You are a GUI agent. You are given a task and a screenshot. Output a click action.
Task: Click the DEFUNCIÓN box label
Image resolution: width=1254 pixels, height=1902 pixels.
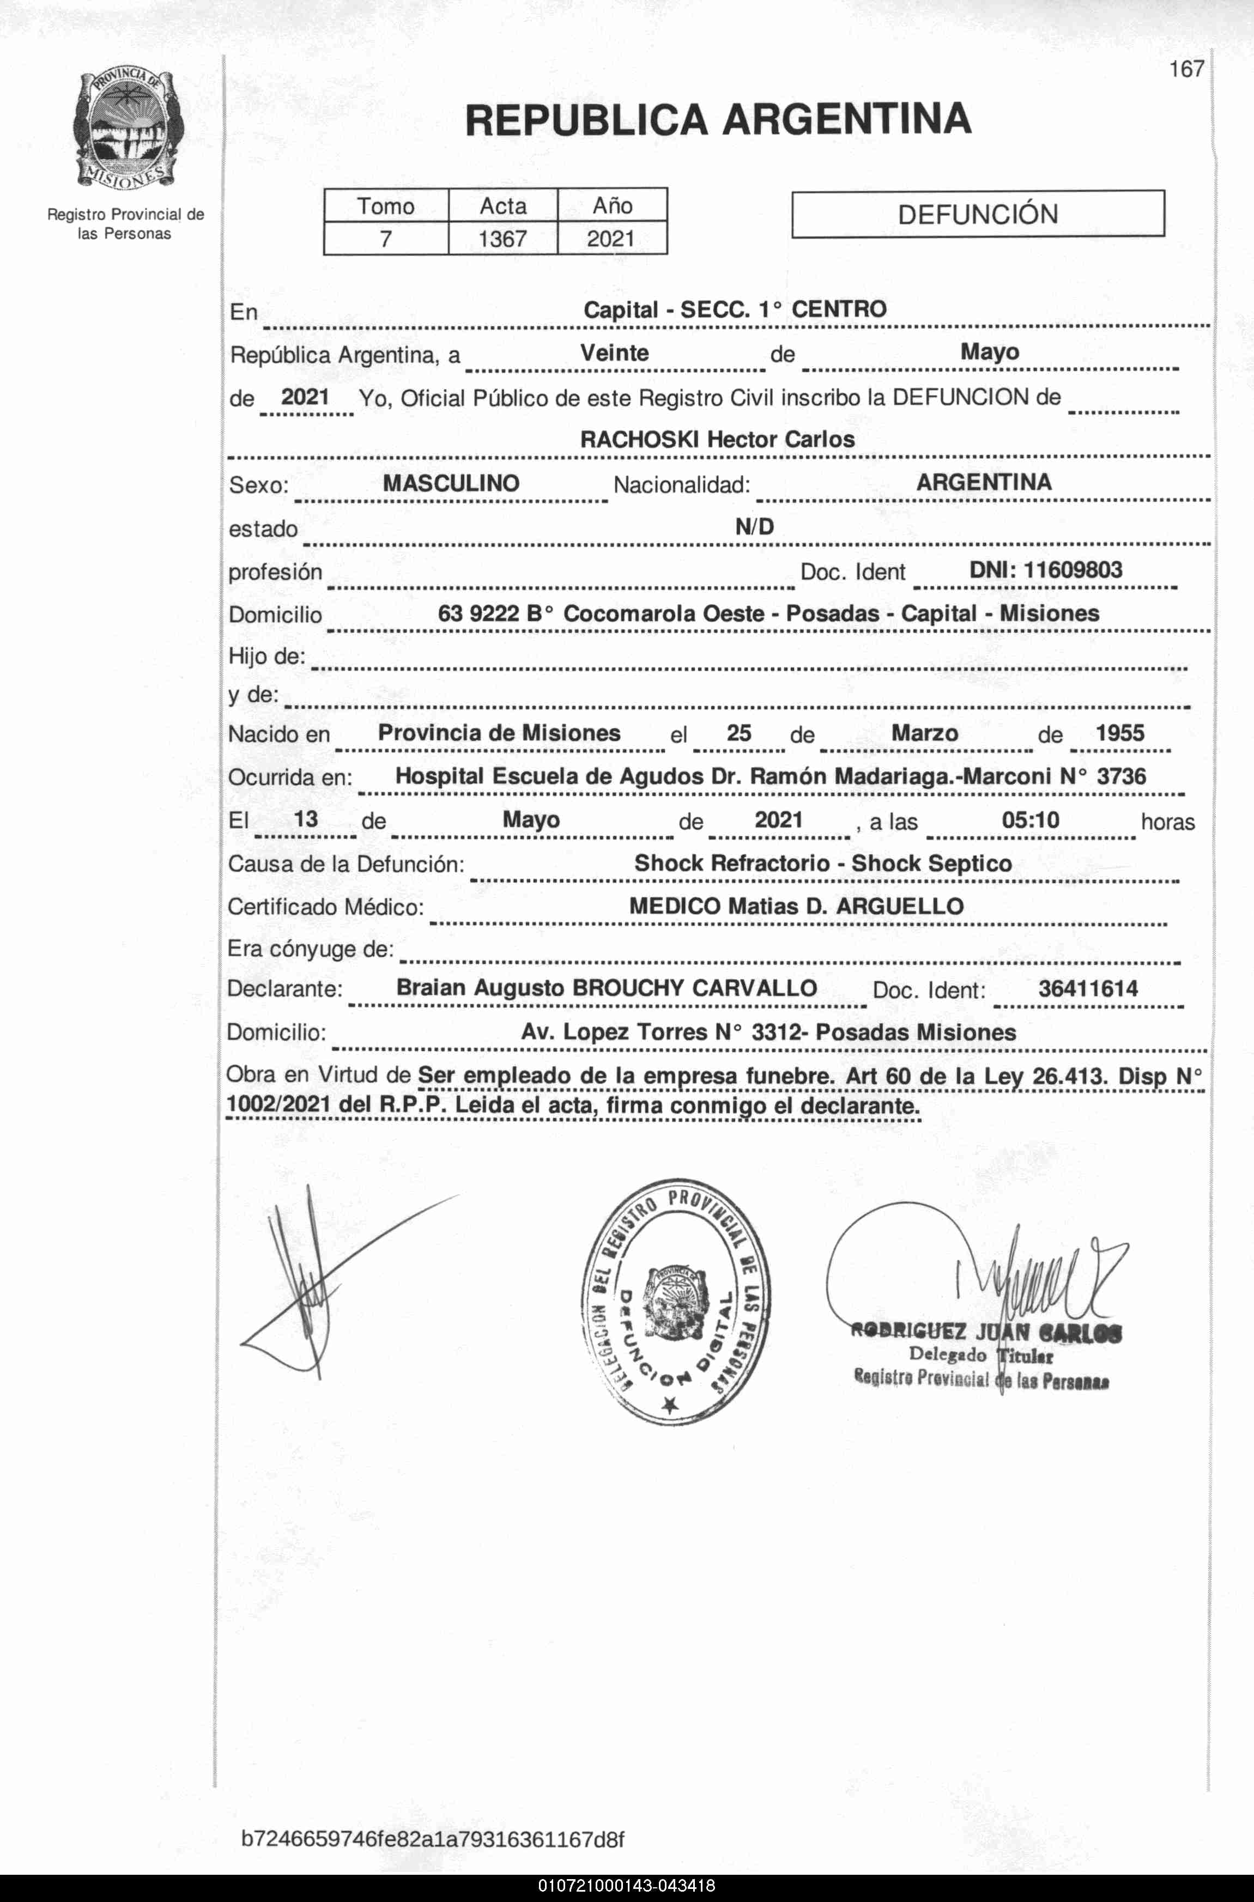tap(977, 214)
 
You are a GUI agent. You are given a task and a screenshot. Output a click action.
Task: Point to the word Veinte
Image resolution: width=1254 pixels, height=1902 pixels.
tap(614, 354)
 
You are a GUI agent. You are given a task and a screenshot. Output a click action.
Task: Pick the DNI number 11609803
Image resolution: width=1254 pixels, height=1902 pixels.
tap(1073, 570)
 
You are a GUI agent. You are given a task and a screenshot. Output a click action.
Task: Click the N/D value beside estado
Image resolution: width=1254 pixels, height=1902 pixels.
tap(754, 527)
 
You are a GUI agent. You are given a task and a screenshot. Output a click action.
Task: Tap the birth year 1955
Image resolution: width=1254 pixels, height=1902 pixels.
tap(1119, 733)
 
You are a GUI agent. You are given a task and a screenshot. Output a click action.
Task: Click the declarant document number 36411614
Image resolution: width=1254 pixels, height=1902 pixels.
tap(1088, 989)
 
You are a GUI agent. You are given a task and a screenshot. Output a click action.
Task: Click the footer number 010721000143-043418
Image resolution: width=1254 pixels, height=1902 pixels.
tap(627, 1887)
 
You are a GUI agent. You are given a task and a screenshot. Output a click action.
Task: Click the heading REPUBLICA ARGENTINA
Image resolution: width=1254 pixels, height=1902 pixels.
tap(717, 120)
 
